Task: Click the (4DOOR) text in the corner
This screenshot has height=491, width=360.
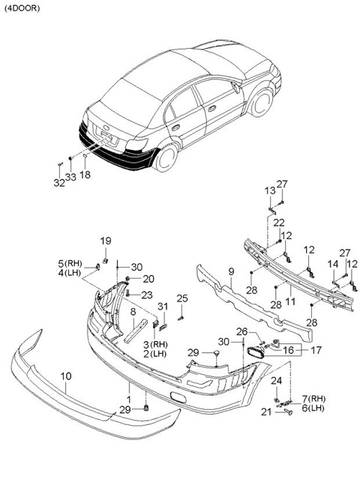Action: [22, 8]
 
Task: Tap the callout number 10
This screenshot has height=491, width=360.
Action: [66, 376]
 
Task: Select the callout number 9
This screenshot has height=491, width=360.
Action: [231, 271]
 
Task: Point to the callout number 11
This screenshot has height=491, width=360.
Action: [290, 301]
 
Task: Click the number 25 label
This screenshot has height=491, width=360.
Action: [182, 298]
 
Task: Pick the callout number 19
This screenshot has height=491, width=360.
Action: [106, 241]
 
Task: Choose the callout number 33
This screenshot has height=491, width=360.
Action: [70, 177]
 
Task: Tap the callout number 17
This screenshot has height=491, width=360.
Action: [316, 350]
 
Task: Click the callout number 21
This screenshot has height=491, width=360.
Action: [266, 412]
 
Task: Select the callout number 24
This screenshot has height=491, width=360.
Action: [276, 381]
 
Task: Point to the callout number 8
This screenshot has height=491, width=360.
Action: [133, 312]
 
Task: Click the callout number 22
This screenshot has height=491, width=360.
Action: [279, 223]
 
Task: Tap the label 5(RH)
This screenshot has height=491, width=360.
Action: [70, 263]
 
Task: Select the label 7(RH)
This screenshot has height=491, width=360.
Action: [313, 399]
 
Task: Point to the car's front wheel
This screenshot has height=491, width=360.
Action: [261, 103]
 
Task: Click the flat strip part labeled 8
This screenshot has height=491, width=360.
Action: [136, 331]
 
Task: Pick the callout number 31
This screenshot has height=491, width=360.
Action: [163, 307]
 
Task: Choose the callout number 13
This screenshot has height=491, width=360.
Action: [270, 190]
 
